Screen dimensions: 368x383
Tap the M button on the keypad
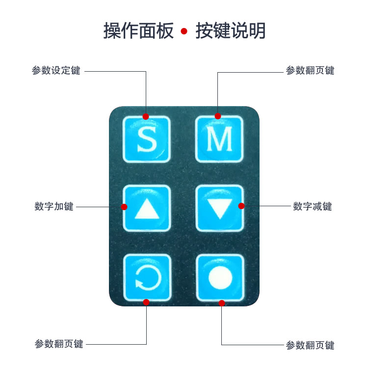[x=219, y=139]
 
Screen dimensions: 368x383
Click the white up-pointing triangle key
[x=147, y=208]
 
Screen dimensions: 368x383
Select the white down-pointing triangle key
[x=220, y=208]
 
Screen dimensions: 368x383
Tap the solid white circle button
[x=220, y=278]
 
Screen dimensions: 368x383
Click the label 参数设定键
[x=56, y=70]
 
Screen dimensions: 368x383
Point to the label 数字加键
[x=54, y=206]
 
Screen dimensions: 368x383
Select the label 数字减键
[x=313, y=206]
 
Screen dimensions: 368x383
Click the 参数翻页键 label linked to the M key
[x=310, y=70]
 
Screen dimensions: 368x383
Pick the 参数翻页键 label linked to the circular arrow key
[x=59, y=344]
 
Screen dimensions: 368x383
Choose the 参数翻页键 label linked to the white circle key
[x=310, y=345]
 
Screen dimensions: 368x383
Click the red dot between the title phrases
[x=184, y=31]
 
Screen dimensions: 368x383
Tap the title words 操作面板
[x=138, y=31]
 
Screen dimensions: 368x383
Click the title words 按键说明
[x=230, y=31]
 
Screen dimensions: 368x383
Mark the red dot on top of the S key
[x=146, y=116]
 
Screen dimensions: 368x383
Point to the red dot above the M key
[x=218, y=116]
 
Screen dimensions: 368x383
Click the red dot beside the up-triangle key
[x=124, y=207]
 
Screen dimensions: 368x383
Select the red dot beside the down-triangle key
[x=241, y=206]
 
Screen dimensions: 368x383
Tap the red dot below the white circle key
[x=222, y=303]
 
